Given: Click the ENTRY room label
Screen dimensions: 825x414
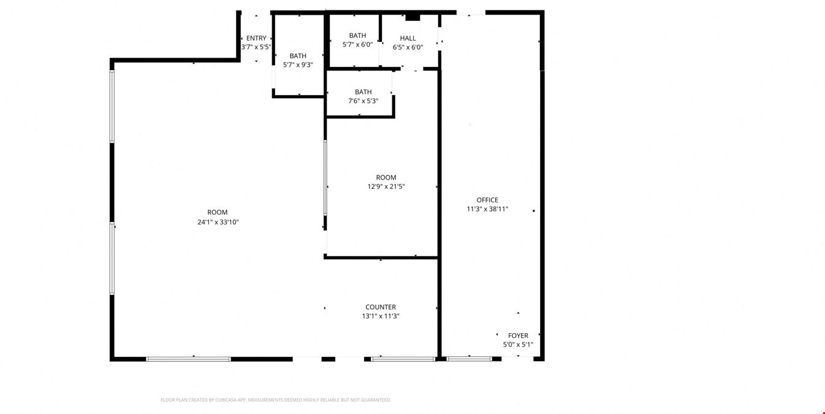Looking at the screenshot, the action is point(256,38).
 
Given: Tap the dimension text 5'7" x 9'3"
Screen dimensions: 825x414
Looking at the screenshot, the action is point(298,65).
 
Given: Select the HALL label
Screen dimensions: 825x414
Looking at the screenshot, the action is point(408,38).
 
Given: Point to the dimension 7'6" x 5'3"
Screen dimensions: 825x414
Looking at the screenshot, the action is point(363,101).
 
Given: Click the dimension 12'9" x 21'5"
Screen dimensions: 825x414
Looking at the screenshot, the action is point(386,186).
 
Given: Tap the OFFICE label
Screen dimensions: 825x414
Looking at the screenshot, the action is point(487,200).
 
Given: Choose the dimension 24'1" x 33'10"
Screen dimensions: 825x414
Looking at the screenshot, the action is point(218,222).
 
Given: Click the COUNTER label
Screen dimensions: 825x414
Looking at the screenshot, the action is point(381,307).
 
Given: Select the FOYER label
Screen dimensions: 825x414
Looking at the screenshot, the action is point(518,335).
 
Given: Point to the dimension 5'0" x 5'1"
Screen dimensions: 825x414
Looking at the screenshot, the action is point(518,345).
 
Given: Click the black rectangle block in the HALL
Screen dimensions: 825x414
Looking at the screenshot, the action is point(413,17).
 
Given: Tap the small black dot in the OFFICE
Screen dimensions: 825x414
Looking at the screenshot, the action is point(534,211).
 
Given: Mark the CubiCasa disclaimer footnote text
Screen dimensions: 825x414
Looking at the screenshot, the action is point(275,400).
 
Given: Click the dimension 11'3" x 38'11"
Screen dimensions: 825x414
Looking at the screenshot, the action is point(487,209).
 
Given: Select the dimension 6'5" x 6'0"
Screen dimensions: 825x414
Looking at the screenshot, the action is point(408,47).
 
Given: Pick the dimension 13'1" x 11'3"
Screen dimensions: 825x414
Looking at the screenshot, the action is point(381,316).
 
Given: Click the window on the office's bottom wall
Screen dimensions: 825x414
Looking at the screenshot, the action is point(470,359).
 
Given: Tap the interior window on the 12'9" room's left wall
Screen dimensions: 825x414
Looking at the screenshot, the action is point(325,178).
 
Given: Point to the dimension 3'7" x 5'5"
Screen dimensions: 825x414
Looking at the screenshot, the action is point(256,47).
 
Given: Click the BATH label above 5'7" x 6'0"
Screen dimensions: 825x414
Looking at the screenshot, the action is point(357,36).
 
